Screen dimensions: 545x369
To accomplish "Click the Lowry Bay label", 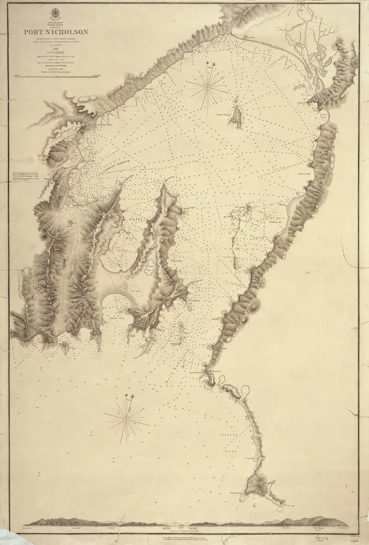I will [323, 116].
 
